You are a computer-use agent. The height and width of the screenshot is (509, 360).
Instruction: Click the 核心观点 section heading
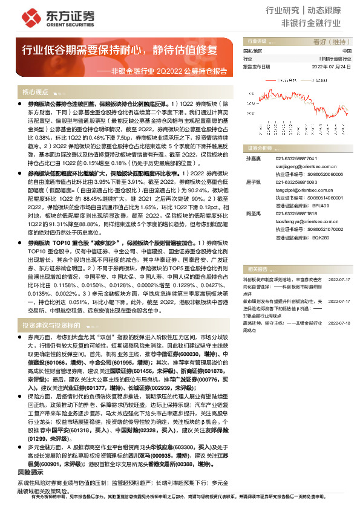point(36,92)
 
